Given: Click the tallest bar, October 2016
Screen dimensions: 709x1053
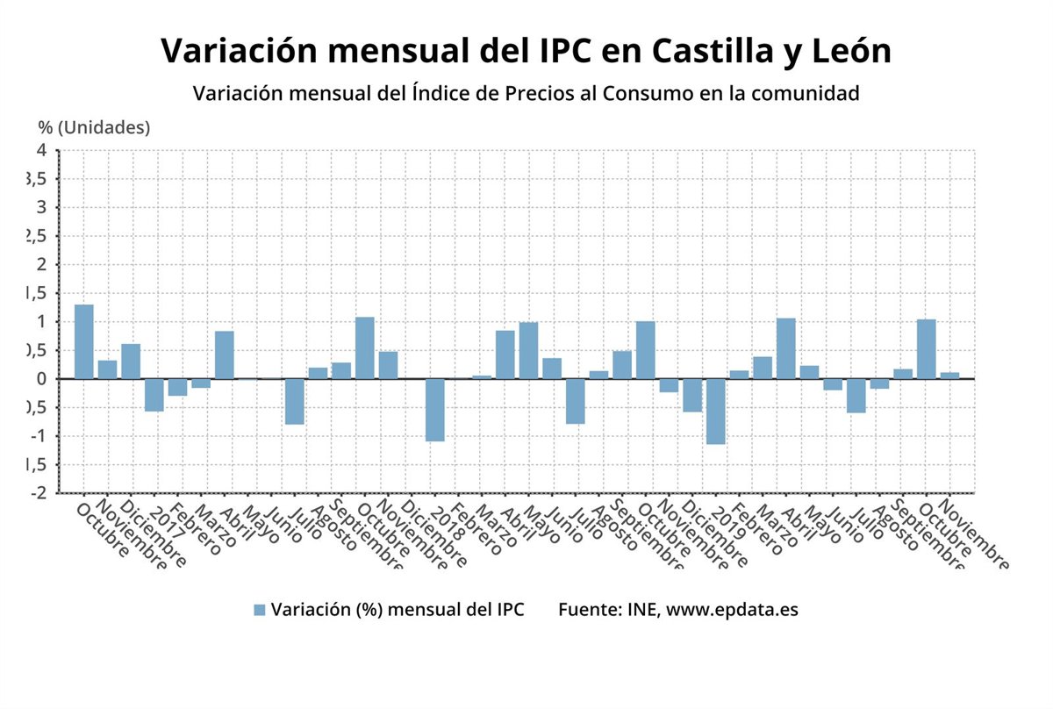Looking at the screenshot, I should (x=84, y=342).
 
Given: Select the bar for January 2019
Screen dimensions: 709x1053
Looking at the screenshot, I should (x=716, y=412).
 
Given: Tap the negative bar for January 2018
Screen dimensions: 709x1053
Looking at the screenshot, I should (x=435, y=410).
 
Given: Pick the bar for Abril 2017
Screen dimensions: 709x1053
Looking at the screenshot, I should (x=225, y=355).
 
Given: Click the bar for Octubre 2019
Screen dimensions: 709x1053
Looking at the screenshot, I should (x=926, y=349).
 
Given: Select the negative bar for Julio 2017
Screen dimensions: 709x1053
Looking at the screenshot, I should (x=295, y=402).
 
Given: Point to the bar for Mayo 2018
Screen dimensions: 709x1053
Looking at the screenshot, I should (x=528, y=351).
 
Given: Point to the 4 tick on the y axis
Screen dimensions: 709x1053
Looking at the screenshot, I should (x=40, y=151).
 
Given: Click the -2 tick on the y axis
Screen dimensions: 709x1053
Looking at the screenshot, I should (x=39, y=493).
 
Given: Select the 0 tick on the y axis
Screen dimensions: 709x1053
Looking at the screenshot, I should (x=40, y=379).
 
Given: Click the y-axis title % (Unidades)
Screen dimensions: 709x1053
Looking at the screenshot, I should (x=94, y=127).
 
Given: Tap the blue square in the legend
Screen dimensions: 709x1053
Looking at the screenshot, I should (x=259, y=610).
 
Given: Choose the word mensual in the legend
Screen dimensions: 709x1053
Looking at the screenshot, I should (x=412, y=610).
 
